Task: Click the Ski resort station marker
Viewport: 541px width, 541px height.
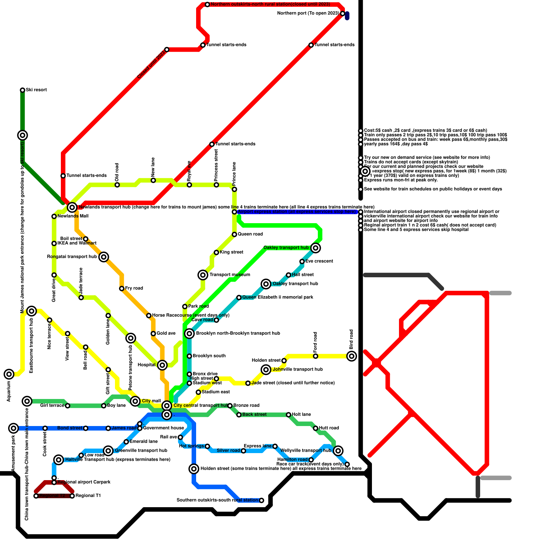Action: click(x=22, y=90)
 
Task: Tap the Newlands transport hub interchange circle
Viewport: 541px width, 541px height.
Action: click(x=72, y=207)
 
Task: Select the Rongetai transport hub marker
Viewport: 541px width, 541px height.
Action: click(x=104, y=257)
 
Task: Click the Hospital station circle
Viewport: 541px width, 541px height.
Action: click(x=162, y=365)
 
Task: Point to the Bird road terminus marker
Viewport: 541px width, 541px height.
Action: click(x=352, y=356)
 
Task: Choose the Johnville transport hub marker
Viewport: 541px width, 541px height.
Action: click(x=266, y=370)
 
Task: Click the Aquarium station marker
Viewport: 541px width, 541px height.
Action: click(x=9, y=374)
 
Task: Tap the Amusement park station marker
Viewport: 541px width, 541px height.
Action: click(x=14, y=428)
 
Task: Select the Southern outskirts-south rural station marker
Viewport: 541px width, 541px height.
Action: click(x=261, y=500)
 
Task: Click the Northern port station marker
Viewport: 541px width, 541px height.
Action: click(x=343, y=14)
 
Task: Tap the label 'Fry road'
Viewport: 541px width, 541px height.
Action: click(x=134, y=288)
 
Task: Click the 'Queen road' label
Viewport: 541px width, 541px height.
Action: click(x=250, y=234)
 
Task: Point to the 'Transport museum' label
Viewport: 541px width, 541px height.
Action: click(x=230, y=275)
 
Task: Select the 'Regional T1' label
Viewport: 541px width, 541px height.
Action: click(x=88, y=496)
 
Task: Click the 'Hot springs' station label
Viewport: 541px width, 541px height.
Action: click(x=191, y=446)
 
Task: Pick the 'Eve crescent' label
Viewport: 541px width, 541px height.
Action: click(x=319, y=261)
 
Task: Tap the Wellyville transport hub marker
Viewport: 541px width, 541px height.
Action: click(x=338, y=450)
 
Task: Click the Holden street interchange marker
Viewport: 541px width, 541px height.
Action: click(x=194, y=469)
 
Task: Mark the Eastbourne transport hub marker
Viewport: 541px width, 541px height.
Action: click(x=31, y=311)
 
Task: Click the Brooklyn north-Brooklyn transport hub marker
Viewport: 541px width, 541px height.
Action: click(x=189, y=334)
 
